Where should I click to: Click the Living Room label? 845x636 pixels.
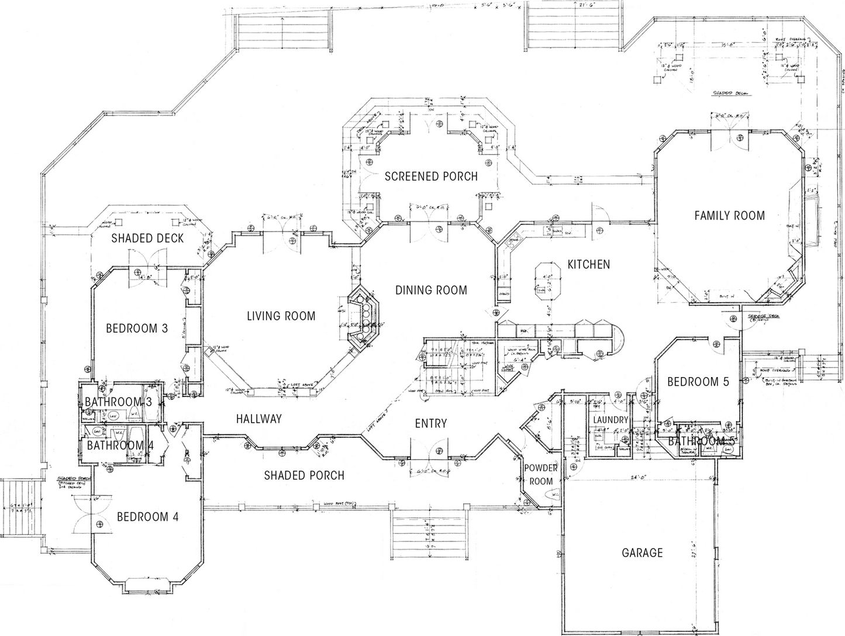pos(281,316)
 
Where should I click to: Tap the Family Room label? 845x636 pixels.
pos(729,215)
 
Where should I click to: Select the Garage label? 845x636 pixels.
pos(642,552)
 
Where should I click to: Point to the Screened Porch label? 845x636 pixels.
pos(431,176)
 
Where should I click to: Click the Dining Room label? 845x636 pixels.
pos(431,290)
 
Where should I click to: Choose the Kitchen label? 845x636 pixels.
pos(588,264)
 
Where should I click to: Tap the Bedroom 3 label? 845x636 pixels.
pos(137,329)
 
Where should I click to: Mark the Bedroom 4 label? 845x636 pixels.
pos(147,517)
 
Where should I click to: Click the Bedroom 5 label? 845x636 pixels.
pos(698,382)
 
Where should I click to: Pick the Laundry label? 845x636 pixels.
pos(610,420)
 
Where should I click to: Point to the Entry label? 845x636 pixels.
pos(431,424)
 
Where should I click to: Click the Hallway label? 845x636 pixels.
pos(259,419)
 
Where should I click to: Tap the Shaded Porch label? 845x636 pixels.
pos(304,475)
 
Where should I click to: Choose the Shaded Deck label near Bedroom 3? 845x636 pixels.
pos(147,238)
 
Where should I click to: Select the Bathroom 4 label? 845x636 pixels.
pos(120,445)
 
